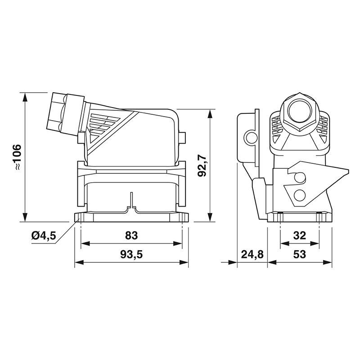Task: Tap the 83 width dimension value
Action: pyautogui.click(x=131, y=235)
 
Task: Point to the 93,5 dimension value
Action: pyautogui.click(x=131, y=254)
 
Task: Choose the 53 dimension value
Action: pyautogui.click(x=299, y=254)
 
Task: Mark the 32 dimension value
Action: pyautogui.click(x=299, y=235)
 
